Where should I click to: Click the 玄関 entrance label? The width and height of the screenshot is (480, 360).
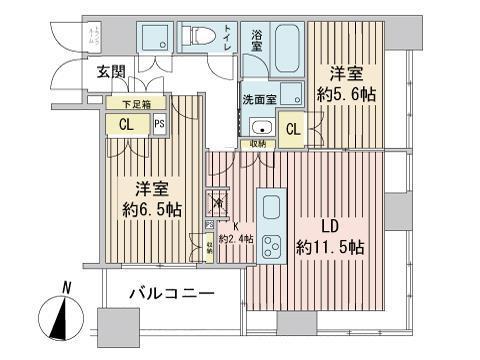click(x=111, y=71)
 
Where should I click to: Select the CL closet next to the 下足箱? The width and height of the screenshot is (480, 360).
click(x=126, y=125)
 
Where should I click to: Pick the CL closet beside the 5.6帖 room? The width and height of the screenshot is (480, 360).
click(x=294, y=128)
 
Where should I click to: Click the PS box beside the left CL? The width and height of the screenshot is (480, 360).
click(x=160, y=124)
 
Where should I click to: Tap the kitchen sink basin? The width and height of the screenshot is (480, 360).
click(x=273, y=208)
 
